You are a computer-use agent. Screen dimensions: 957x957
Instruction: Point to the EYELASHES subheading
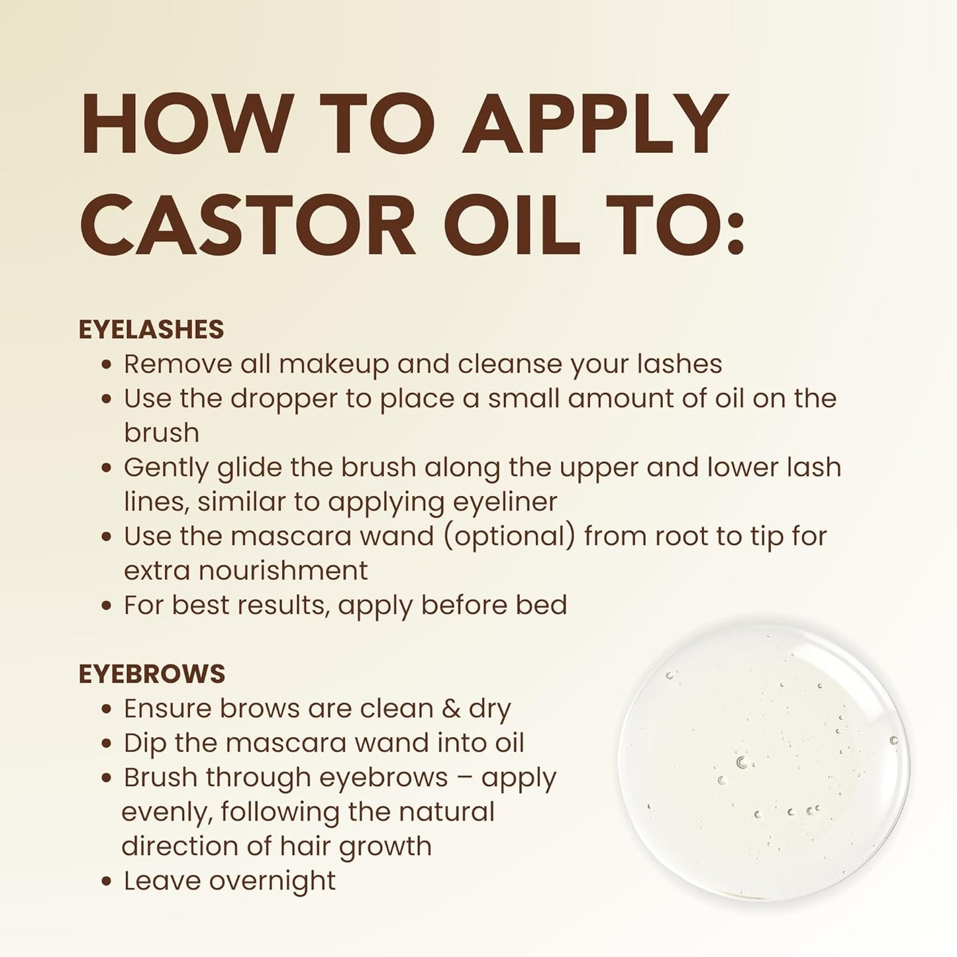click(151, 329)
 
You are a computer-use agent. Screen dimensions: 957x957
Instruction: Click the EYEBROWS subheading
click(152, 674)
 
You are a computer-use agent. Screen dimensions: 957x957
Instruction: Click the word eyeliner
click(505, 502)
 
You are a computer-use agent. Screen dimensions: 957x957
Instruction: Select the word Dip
click(144, 744)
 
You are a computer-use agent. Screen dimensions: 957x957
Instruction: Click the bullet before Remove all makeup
click(106, 366)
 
